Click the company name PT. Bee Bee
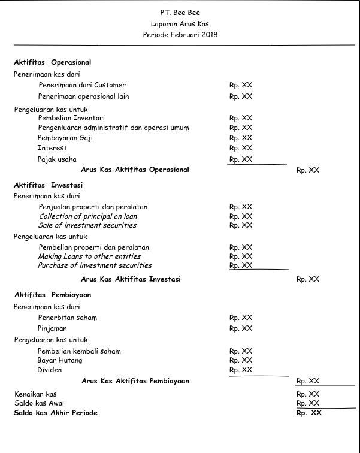[180, 12]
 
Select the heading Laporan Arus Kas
[180, 24]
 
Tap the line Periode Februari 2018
[180, 35]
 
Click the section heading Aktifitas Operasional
[53, 62]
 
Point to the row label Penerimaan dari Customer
[82, 85]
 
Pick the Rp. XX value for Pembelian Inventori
[240, 118]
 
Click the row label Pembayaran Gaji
[65, 138]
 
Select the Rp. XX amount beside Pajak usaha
[240, 159]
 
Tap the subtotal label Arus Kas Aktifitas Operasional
[135, 170]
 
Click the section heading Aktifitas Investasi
[49, 185]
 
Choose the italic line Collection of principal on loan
[88, 216]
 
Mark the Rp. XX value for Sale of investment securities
[240, 225]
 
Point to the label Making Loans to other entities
[89, 256]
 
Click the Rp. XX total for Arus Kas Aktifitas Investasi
[307, 279]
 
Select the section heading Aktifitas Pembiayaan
[53, 295]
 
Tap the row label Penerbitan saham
[67, 318]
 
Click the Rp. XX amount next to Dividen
[240, 370]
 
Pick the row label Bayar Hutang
[60, 360]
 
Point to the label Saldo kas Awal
[39, 403]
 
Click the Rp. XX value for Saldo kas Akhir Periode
[308, 413]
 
